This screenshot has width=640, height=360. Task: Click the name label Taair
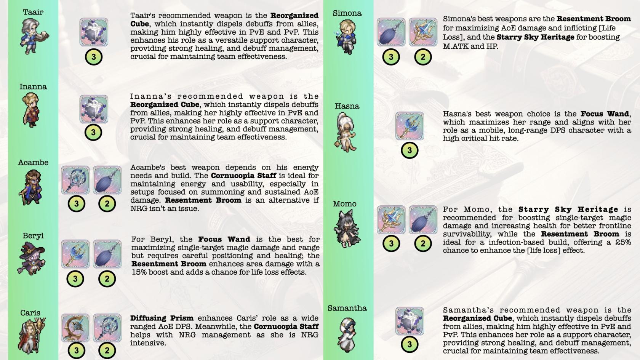click(x=33, y=12)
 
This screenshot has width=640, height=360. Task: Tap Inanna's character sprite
click(x=31, y=110)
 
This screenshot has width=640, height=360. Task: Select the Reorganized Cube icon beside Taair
click(x=94, y=32)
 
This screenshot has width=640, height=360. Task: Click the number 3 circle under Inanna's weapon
click(x=93, y=133)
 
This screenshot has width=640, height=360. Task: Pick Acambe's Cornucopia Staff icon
click(x=75, y=180)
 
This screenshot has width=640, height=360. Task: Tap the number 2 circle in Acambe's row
click(x=107, y=203)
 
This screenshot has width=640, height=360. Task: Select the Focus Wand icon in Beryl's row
click(x=75, y=254)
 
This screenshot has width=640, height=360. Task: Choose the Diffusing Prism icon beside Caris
click(x=75, y=328)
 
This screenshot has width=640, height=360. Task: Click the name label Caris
click(x=30, y=313)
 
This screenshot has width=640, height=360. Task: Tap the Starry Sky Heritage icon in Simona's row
click(x=423, y=32)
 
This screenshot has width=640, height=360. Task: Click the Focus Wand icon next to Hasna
click(x=410, y=126)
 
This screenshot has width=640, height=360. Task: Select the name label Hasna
click(x=347, y=106)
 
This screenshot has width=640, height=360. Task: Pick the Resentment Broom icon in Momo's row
click(x=423, y=220)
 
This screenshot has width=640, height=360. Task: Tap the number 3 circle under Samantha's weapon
click(x=410, y=344)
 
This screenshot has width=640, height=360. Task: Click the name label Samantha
click(x=347, y=308)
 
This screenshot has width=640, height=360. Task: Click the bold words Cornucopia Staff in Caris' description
click(x=286, y=326)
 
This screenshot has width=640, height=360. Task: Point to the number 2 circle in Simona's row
click(x=423, y=57)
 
